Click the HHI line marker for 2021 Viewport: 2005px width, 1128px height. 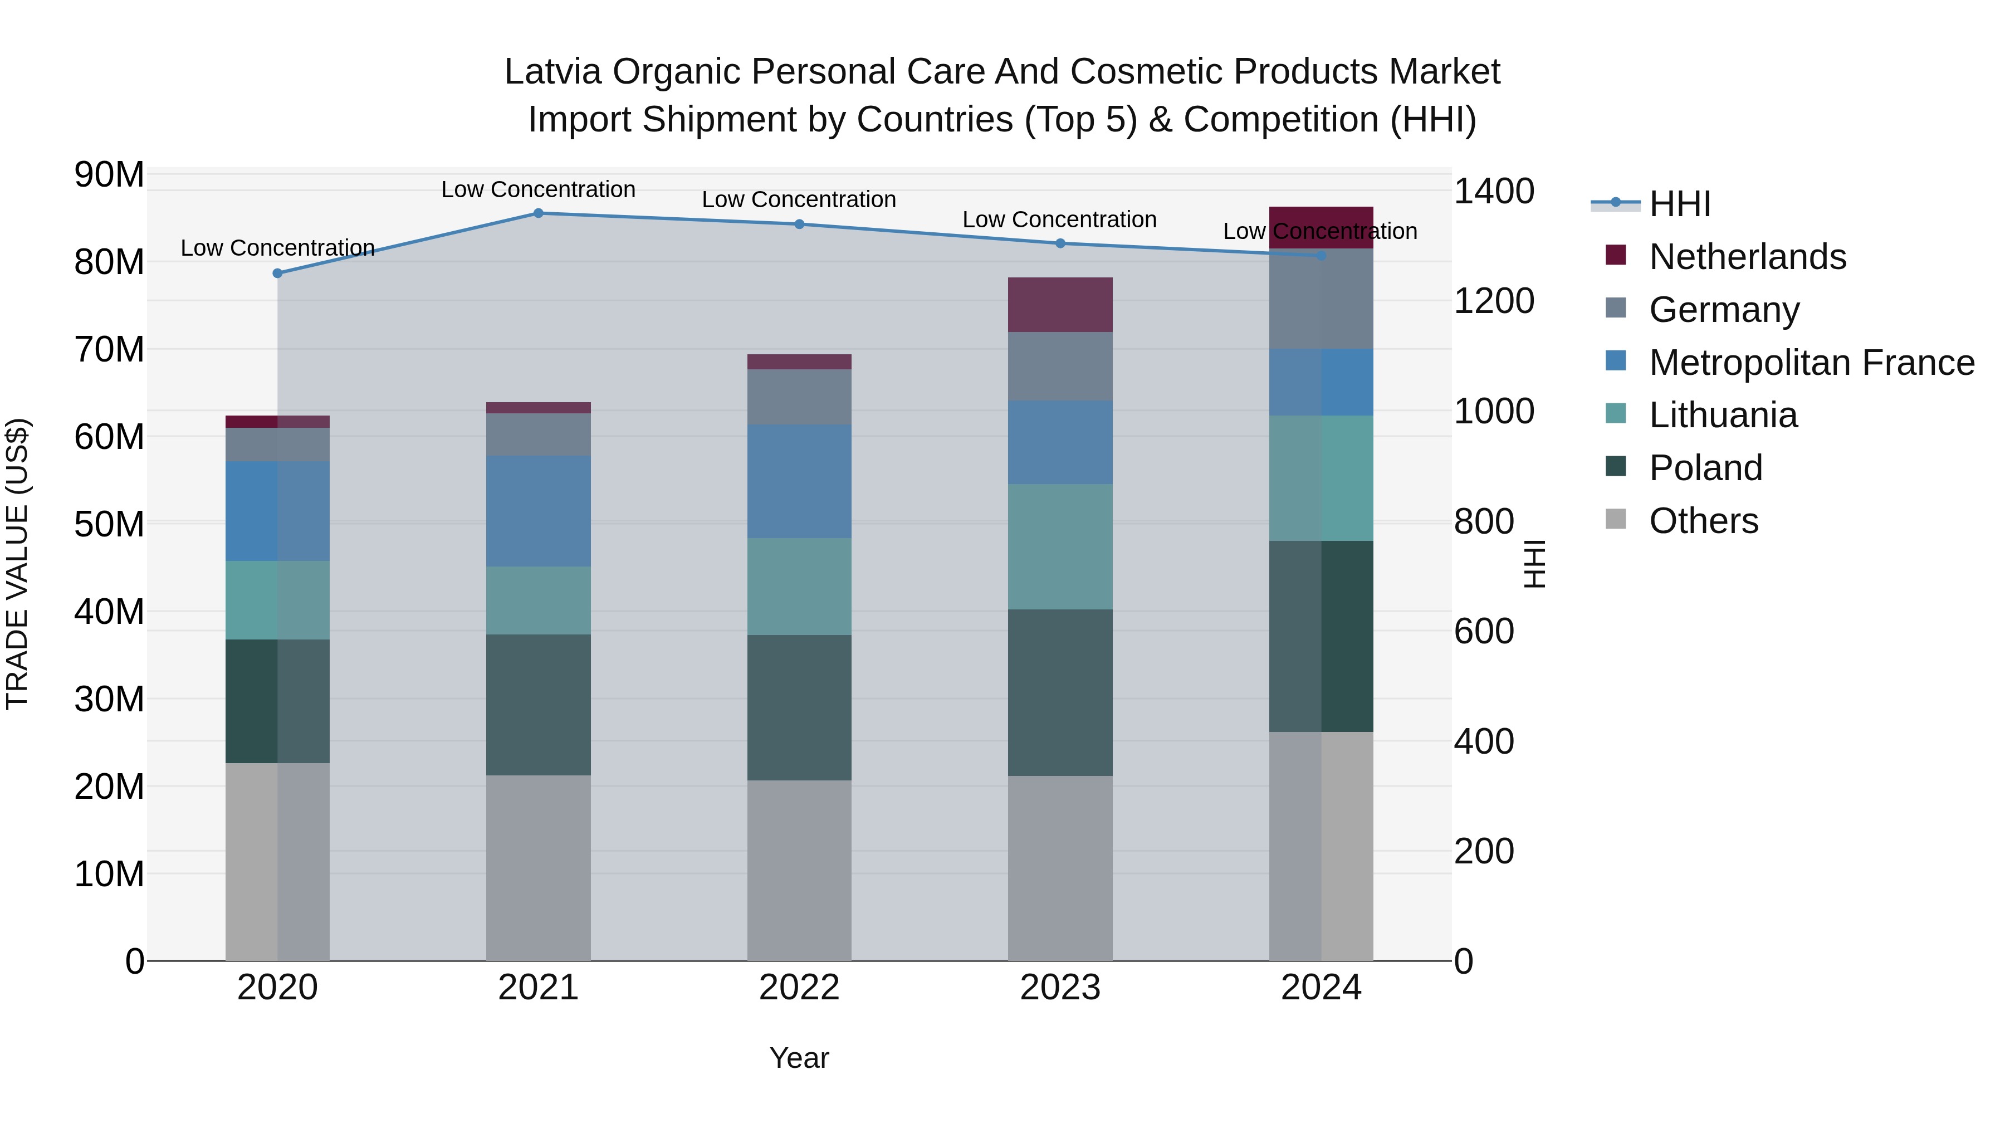[538, 213]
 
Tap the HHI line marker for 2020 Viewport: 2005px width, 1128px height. [277, 274]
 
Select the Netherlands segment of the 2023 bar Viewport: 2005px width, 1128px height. [1059, 304]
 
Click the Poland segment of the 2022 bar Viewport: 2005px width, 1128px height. [799, 707]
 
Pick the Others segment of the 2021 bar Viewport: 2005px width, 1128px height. [538, 867]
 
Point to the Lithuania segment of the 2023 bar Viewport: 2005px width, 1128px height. [1059, 546]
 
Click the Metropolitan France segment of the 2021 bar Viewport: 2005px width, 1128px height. [538, 511]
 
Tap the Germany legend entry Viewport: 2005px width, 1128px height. [1723, 310]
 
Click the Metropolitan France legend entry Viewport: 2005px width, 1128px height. [1811, 363]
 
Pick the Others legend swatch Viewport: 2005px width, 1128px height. [1615, 519]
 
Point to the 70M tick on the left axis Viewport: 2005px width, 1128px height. [109, 349]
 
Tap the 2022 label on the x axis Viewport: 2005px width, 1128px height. [799, 988]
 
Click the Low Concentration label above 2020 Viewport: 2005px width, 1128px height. [277, 247]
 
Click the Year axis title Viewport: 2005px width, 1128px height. [799, 1058]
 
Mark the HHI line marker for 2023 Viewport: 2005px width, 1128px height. [1059, 243]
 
